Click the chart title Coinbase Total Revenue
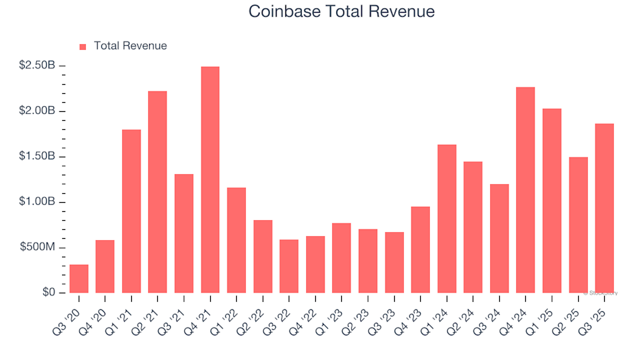click(341, 11)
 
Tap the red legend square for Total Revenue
click(83, 47)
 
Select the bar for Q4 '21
click(210, 180)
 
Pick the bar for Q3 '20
click(79, 279)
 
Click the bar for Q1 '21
click(131, 211)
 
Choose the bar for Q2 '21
click(157, 192)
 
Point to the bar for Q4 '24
click(525, 190)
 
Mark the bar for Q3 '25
click(604, 208)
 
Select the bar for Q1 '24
click(447, 219)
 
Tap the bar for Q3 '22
click(289, 266)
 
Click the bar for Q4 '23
click(421, 250)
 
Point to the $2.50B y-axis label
click(37, 65)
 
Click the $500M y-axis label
click(39, 248)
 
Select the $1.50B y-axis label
click(37, 157)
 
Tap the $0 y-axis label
click(49, 293)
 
